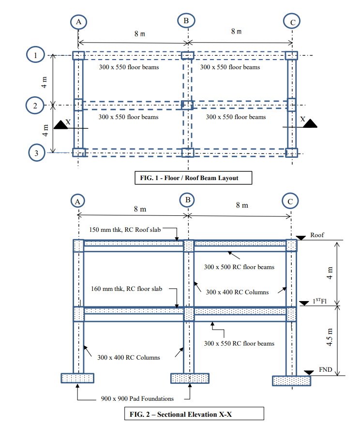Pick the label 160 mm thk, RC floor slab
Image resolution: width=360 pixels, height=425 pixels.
(126, 289)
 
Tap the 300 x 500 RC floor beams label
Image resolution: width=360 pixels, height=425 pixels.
(239, 267)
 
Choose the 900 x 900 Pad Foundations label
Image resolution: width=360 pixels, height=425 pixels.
(137, 399)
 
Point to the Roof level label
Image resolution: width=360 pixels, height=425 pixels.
(317, 235)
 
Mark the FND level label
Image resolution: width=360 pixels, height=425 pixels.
(325, 370)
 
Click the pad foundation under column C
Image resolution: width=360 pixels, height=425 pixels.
(291, 380)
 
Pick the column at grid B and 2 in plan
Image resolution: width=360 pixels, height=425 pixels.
(187, 105)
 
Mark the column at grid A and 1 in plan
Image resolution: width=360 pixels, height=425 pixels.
(78, 56)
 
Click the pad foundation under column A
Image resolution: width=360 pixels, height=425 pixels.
(77, 378)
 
